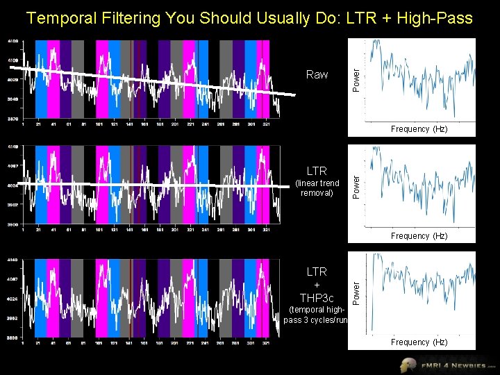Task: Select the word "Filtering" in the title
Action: (x=130, y=17)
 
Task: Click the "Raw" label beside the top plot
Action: (x=317, y=74)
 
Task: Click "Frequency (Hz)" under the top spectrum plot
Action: (x=419, y=129)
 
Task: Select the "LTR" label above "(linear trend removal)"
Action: (x=317, y=171)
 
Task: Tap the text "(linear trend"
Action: (x=317, y=183)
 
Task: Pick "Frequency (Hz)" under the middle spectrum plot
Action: (x=419, y=236)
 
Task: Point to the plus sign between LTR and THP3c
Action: (x=317, y=285)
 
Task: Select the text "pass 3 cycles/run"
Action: (x=316, y=319)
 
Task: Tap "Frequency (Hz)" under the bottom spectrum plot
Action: (x=419, y=342)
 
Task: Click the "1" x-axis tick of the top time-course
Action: (x=24, y=125)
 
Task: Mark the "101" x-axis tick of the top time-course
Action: (x=99, y=125)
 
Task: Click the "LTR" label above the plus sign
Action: (x=317, y=272)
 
